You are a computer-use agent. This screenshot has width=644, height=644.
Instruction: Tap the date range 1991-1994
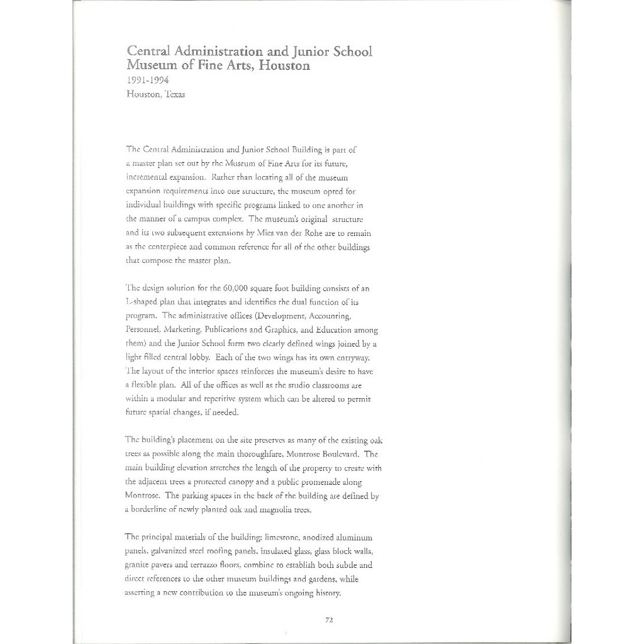click(x=147, y=80)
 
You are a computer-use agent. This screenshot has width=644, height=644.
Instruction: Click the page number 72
click(x=329, y=619)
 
